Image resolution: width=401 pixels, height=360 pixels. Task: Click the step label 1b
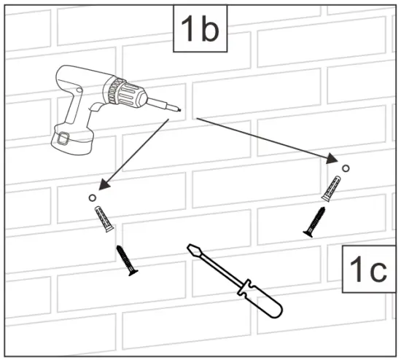(x=199, y=31)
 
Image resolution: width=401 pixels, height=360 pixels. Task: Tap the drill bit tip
(x=178, y=111)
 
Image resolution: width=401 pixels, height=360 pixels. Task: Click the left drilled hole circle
(x=91, y=198)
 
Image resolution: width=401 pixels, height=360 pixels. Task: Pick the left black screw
(x=126, y=260)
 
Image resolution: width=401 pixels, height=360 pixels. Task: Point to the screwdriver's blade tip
(x=192, y=248)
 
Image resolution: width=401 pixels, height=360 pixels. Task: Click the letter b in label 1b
(x=209, y=31)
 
